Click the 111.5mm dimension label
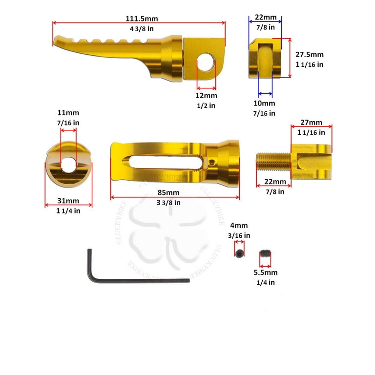pos(142,19)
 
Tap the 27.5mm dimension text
pos(310,55)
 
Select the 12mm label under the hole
pos(207,96)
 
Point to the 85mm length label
pos(168,192)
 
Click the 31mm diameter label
pos(68,201)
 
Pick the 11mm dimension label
pos(68,113)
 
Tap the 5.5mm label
pos(266,272)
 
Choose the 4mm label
pos(239,225)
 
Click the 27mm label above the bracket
pos(311,123)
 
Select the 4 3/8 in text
pos(142,29)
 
